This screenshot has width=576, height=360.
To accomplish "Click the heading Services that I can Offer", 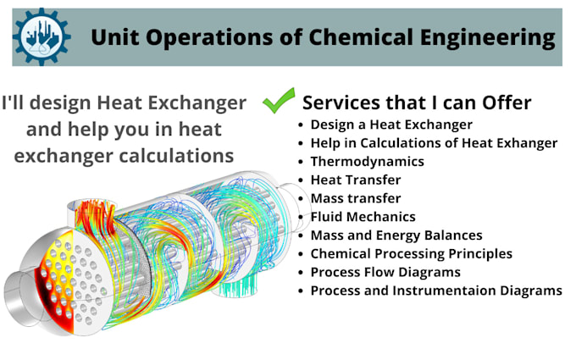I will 417,102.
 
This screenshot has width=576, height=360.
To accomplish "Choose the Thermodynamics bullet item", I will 367,161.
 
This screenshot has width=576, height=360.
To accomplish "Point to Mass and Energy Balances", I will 396,235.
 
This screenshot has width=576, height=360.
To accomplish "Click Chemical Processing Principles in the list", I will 411,253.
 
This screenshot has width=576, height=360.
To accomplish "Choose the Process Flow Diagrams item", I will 385,272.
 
